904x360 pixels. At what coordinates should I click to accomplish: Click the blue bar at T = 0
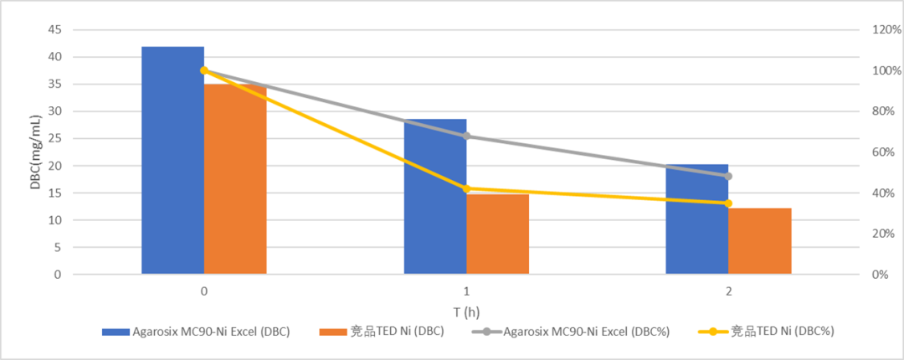pos(172,160)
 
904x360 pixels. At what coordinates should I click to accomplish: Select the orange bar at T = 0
pos(235,179)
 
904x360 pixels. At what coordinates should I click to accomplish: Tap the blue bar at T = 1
pos(435,197)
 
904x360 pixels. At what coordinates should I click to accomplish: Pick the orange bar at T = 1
pos(498,234)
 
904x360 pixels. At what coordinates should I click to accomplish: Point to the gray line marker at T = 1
pos(466,136)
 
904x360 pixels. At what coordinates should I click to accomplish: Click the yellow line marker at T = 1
pos(466,189)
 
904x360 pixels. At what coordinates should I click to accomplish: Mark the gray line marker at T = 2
pos(728,176)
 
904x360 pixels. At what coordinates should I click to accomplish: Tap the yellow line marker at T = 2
pos(728,203)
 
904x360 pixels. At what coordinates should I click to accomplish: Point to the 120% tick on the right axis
pos(886,30)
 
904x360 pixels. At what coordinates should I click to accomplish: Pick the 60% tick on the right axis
pos(883,152)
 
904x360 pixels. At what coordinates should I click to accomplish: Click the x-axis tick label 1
pos(466,291)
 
